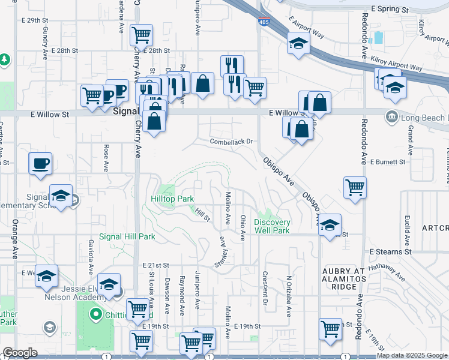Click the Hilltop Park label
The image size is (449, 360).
coord(172,198)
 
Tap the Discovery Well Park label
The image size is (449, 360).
coord(272,226)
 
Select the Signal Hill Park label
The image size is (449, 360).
coord(127,237)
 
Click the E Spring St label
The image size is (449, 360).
coord(390,10)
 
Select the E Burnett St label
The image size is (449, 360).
coord(388,162)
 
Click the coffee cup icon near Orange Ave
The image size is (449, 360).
coord(40,163)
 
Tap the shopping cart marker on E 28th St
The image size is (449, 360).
coord(141,35)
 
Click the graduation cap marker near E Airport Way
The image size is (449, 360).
coord(298,43)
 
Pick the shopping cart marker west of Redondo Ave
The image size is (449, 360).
coord(355,187)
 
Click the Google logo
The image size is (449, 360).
coord(20,353)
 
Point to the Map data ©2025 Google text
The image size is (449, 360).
coord(412,355)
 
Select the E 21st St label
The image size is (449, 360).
coord(156,265)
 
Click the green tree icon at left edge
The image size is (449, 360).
coord(5,59)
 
